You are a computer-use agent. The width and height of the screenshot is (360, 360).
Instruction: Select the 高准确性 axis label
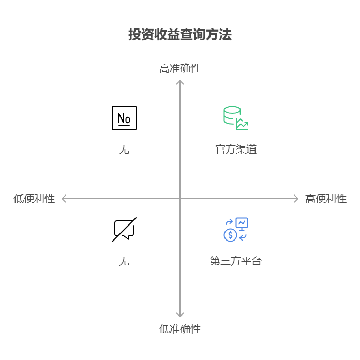pos(180,68)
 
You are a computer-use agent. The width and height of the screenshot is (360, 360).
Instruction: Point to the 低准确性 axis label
pos(180,329)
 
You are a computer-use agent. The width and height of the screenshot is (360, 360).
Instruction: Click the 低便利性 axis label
pos(34,199)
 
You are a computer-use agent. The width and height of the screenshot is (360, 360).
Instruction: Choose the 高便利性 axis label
pos(326,199)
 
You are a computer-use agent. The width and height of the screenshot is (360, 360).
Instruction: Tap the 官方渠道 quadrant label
pos(236,149)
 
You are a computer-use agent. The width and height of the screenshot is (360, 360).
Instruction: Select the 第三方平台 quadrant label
pos(236,261)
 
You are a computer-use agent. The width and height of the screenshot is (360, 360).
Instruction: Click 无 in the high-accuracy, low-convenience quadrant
pos(124,149)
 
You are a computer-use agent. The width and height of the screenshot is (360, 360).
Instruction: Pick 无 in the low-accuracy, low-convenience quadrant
pos(124,261)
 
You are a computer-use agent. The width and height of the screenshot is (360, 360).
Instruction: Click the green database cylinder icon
pos(232,115)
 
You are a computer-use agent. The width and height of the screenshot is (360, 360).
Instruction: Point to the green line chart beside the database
pos(242,125)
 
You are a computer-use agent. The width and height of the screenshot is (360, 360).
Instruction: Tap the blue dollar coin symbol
pos(230,235)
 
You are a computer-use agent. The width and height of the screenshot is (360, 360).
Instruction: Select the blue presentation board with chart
pos(242,224)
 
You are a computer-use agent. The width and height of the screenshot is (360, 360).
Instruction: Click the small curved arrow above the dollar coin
pos(229,223)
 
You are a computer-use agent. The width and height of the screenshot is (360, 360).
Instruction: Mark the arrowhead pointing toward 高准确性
pos(180,83)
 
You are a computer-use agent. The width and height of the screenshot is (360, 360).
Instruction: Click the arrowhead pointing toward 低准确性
pos(180,314)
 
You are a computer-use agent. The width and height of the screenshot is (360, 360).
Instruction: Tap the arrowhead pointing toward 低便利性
pos(64,199)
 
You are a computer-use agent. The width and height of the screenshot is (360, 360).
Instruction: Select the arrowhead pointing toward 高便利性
pos(296,199)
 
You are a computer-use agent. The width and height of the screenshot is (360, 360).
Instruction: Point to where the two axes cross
pos(180,199)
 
